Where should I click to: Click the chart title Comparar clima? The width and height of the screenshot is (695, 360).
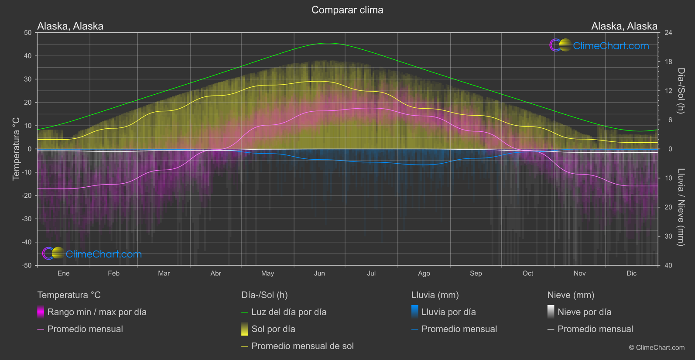(x=347, y=10)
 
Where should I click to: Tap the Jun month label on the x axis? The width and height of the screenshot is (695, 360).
(x=319, y=274)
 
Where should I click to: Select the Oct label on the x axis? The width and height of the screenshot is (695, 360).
(x=527, y=274)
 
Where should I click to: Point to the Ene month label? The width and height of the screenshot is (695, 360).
(x=63, y=274)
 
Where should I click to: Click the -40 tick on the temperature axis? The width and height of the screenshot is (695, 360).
(x=27, y=242)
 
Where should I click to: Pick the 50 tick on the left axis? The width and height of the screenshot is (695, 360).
(x=28, y=33)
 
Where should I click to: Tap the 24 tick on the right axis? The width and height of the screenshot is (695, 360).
(x=668, y=33)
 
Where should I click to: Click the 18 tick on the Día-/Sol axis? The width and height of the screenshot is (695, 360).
(x=668, y=62)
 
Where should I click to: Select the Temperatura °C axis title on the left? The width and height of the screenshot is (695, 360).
(x=16, y=149)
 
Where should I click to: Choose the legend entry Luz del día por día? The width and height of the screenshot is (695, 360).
(x=288, y=312)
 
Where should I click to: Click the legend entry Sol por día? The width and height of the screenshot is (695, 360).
(x=273, y=329)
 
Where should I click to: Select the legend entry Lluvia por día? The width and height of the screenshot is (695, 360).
(x=448, y=312)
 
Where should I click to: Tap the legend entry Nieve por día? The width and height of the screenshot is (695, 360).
(x=584, y=312)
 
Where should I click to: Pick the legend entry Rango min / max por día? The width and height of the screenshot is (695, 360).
(x=96, y=312)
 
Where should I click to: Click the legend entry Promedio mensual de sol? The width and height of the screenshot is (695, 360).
(x=302, y=346)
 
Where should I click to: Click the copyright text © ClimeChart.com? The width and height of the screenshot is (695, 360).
(x=657, y=348)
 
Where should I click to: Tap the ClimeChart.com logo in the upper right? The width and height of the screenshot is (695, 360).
(x=599, y=45)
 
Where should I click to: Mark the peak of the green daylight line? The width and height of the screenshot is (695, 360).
(x=328, y=43)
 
